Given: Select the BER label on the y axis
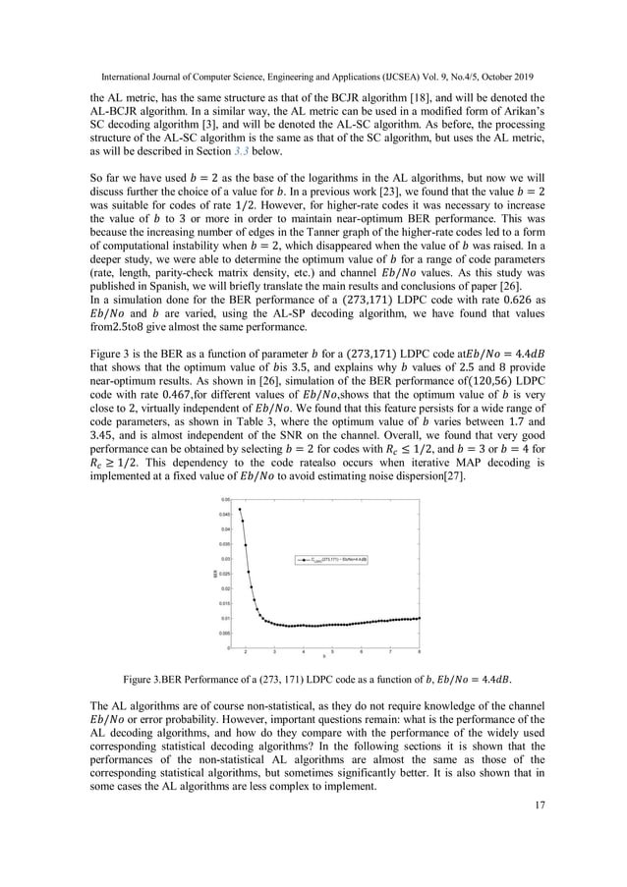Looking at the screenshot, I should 214,574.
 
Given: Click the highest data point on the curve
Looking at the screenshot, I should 240,509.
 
